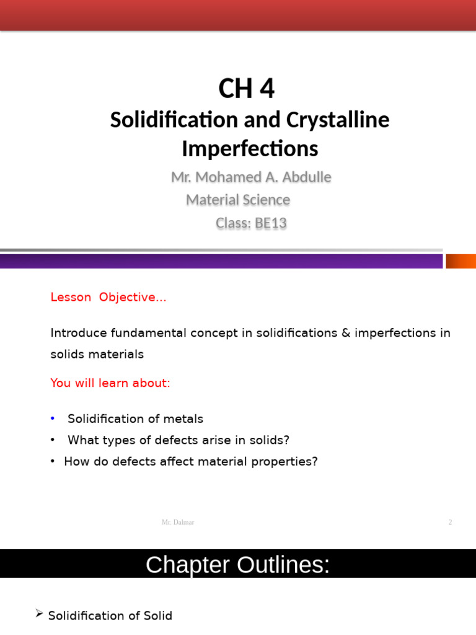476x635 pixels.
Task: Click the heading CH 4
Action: click(246, 89)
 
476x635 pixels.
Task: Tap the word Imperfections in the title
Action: click(250, 149)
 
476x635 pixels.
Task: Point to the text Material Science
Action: click(238, 200)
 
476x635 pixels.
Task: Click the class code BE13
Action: click(270, 223)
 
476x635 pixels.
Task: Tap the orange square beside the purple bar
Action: click(461, 261)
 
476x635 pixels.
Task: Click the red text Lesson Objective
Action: click(108, 297)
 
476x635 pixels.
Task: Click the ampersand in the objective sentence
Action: click(345, 333)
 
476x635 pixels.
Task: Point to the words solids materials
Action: click(97, 355)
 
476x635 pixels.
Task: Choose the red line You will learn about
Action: click(110, 383)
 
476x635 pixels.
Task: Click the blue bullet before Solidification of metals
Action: click(53, 419)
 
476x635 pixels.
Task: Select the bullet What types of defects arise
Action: click(178, 440)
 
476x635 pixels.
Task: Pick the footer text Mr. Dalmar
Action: click(178, 522)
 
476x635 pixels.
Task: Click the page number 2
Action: click(451, 522)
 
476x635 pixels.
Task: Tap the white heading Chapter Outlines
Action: click(237, 565)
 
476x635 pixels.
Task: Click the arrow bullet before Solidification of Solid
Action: click(39, 614)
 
